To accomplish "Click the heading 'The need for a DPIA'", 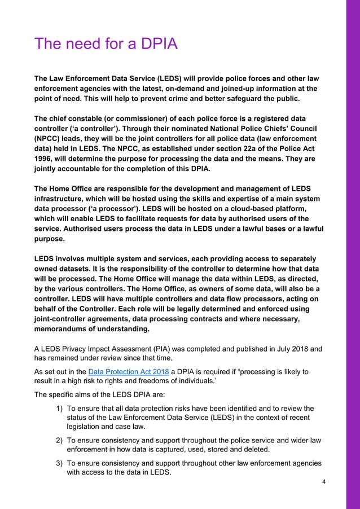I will pos(106,43).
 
